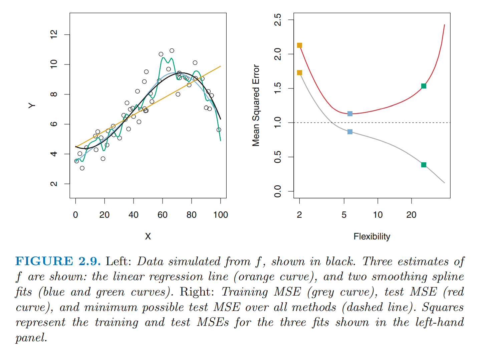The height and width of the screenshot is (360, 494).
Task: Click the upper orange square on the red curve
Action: click(x=299, y=45)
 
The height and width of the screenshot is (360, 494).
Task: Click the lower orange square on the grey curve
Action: click(x=299, y=73)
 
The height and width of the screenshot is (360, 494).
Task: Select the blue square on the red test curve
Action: click(x=350, y=114)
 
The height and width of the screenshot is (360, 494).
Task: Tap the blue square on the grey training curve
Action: click(x=350, y=132)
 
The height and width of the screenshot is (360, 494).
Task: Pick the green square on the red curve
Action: click(x=424, y=86)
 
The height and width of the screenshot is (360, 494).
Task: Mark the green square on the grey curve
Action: click(x=424, y=165)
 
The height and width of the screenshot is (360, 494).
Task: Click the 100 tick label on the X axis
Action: click(x=221, y=215)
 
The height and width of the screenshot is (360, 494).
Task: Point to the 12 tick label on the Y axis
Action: click(x=54, y=34)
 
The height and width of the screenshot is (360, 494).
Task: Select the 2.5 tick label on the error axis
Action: click(x=278, y=20)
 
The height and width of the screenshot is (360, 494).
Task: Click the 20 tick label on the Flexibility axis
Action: click(x=411, y=215)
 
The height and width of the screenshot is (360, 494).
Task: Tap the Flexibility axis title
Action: click(x=372, y=237)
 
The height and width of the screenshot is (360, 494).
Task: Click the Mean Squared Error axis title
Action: click(x=256, y=106)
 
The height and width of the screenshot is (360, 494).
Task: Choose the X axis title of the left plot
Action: click(x=148, y=237)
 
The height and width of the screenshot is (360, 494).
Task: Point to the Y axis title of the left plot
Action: click(x=32, y=106)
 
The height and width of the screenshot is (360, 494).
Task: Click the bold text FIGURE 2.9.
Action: click(x=58, y=261)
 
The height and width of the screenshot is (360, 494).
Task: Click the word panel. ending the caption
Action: click(x=31, y=338)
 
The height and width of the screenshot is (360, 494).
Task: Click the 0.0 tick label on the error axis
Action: click(x=278, y=191)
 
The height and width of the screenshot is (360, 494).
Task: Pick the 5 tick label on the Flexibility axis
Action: click(x=344, y=215)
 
